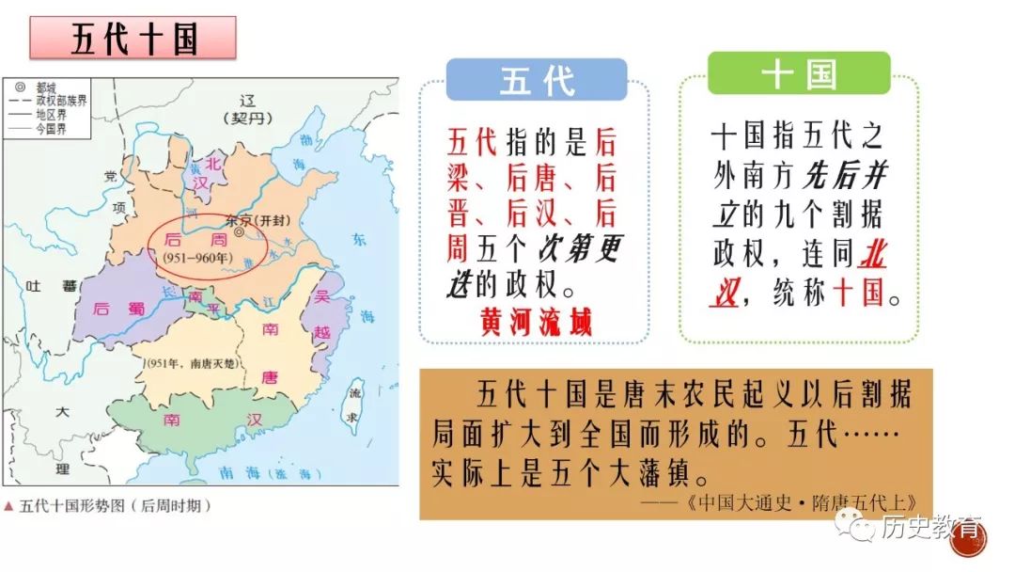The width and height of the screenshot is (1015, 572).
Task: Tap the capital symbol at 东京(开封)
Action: [242, 230]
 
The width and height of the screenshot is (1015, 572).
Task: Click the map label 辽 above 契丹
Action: [247, 101]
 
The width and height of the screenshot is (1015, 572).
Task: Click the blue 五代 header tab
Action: [537, 81]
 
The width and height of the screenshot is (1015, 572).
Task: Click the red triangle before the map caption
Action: [9, 505]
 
